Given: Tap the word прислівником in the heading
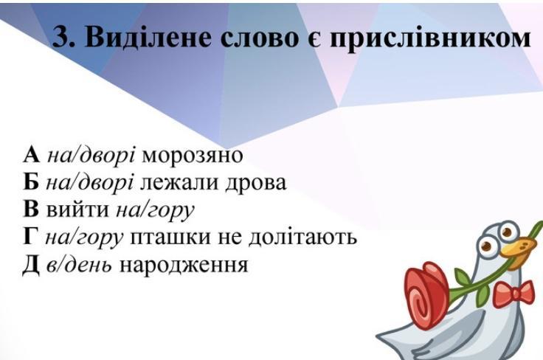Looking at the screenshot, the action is [x=429, y=38].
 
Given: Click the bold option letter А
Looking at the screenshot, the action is [x=32, y=155].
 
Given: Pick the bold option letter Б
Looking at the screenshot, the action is [x=30, y=182].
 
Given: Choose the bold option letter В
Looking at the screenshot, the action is [x=30, y=210].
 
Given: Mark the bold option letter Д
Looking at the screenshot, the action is [x=30, y=266].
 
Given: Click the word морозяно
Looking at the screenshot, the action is [x=193, y=156].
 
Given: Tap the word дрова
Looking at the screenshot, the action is [x=256, y=184].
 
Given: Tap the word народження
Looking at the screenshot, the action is [x=184, y=266].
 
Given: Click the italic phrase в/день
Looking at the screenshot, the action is [x=79, y=265].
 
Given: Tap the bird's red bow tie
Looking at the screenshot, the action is [x=513, y=294].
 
